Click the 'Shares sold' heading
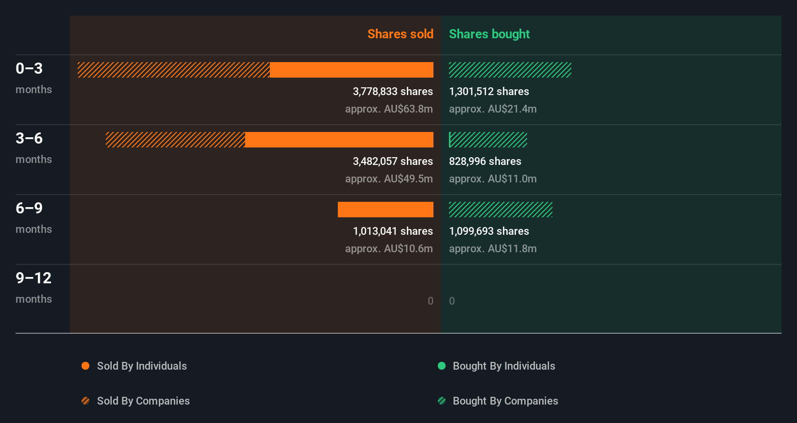coord(400,34)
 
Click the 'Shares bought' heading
coord(489,34)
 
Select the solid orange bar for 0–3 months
coord(351,70)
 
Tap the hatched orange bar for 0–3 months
coord(173,70)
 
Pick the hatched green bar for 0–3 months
coord(510,70)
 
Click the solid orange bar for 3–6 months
coord(339,140)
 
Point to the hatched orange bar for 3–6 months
coord(175,140)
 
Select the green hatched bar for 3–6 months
coord(488,140)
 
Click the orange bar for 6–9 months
coord(385,210)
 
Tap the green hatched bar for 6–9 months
coord(500,210)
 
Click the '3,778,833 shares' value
coord(393,91)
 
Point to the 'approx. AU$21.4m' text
coord(493,109)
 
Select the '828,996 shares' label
coord(485,161)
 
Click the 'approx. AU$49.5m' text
coord(389,179)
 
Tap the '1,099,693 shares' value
coord(489,231)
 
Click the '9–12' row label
coord(33,278)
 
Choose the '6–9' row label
coord(29,208)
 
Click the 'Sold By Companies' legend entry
coord(143,401)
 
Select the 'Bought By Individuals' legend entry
coord(504,366)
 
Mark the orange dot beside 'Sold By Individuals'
coord(85,366)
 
